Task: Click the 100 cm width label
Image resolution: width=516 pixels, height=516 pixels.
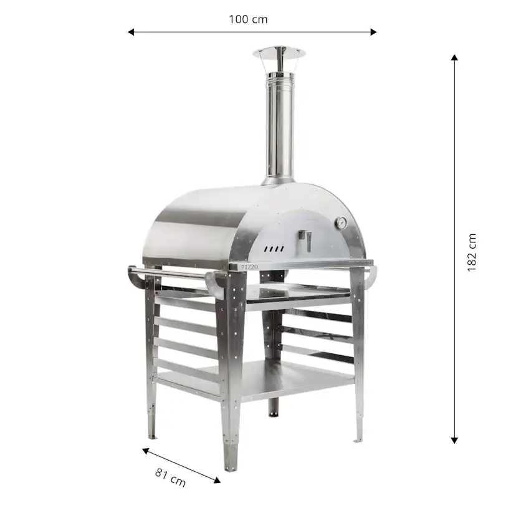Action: click(x=248, y=19)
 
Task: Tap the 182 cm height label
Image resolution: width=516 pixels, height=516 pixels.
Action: click(x=472, y=252)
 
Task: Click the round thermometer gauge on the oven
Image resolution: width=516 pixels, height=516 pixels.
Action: click(x=342, y=222)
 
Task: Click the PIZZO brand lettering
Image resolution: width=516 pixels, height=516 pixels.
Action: click(x=249, y=266)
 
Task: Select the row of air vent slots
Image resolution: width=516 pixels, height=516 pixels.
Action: click(x=274, y=249)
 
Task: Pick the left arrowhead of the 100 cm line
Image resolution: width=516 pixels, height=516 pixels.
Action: click(x=131, y=32)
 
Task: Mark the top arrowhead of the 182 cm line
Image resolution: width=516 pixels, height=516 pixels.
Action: click(x=454, y=57)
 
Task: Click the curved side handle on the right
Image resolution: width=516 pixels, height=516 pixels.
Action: click(x=371, y=277)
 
